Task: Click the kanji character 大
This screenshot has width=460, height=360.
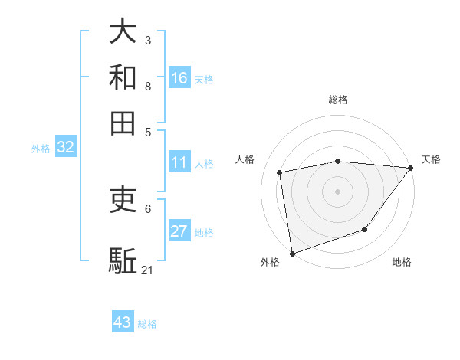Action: click(123, 32)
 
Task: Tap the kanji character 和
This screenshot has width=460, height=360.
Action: click(123, 77)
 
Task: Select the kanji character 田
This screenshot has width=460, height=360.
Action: click(123, 123)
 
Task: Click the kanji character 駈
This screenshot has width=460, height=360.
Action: click(123, 261)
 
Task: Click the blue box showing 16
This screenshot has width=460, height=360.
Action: click(179, 78)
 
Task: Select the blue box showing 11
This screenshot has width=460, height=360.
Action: click(179, 162)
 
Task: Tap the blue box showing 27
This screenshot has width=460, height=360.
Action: click(179, 231)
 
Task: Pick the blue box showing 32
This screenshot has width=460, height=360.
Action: click(65, 148)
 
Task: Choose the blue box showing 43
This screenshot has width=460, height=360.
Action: click(123, 322)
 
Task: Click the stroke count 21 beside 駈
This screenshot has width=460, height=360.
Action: click(148, 270)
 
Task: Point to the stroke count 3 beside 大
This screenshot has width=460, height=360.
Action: click(148, 40)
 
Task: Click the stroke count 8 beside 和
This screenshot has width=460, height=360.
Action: click(148, 86)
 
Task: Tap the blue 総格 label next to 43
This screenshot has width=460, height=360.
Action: click(147, 324)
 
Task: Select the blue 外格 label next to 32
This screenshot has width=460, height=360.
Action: click(41, 149)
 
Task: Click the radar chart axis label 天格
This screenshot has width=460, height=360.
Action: click(431, 159)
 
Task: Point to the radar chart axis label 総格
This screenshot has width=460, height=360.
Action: click(338, 100)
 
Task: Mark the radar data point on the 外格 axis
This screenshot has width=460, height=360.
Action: click(292, 253)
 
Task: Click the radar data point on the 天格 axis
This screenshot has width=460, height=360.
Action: click(410, 168)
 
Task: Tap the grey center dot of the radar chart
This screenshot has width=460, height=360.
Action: click(337, 191)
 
